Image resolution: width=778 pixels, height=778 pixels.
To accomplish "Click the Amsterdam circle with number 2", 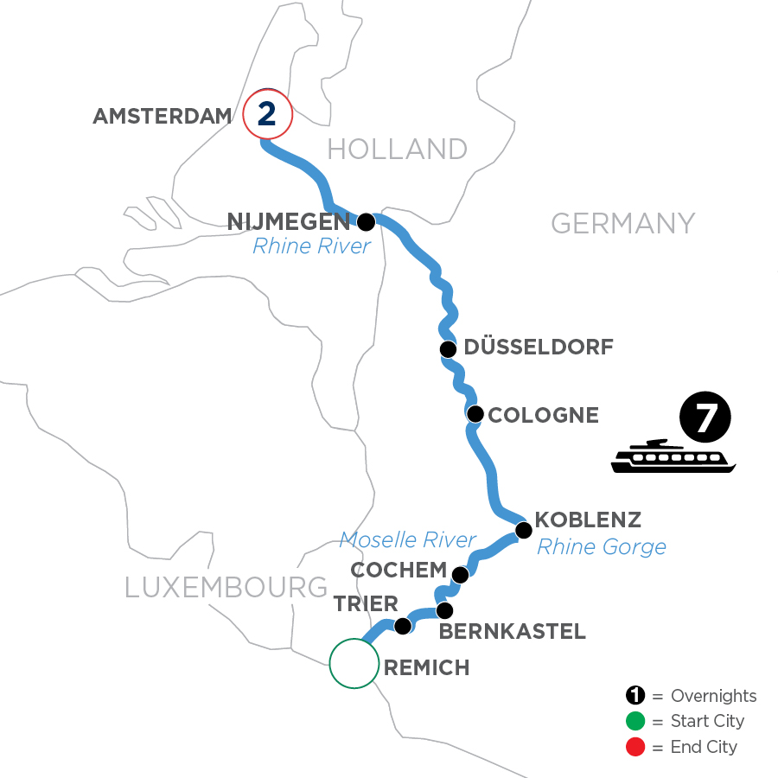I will point(267,114).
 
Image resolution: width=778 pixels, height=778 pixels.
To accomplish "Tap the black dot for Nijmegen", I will point(367,222).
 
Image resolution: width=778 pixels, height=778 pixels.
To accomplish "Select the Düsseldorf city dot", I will point(448,349).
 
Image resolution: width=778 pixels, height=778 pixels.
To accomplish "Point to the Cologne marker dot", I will point(475,414).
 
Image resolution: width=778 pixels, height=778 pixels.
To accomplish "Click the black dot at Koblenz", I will point(522,529).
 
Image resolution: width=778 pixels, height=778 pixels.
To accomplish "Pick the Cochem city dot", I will point(460,574).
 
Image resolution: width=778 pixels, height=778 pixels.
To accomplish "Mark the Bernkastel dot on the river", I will point(444,610).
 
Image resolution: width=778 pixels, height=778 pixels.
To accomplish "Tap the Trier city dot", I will point(402,625).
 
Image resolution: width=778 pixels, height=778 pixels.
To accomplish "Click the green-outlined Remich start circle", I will point(354,664).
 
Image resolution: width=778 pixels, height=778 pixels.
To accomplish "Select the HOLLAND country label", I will point(398,149).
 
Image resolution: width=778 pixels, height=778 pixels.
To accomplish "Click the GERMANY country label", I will point(622,223).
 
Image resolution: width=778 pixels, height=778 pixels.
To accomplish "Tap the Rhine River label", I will point(311,247).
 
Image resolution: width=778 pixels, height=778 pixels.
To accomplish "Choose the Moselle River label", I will point(407,540).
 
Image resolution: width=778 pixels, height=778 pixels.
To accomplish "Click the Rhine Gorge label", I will point(602,546).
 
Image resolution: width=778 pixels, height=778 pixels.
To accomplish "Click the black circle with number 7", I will point(705,419).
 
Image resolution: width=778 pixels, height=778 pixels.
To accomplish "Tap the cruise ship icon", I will point(673,456).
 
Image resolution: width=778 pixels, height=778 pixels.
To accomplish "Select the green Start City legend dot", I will point(635,721).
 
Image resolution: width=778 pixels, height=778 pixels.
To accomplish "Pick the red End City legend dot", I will point(635,746).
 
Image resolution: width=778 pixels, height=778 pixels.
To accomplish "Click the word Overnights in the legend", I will point(713,697).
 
